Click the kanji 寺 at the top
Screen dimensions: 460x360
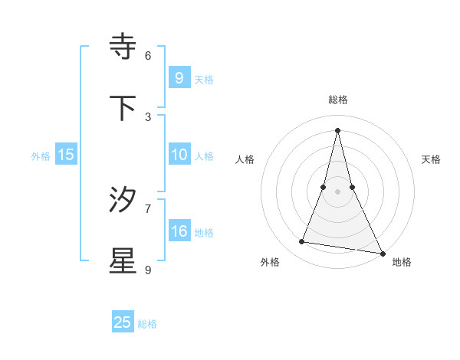pyautogui.click(x=123, y=47)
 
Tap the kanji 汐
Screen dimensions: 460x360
pyautogui.click(x=123, y=200)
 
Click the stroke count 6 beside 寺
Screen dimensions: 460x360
pyautogui.click(x=148, y=55)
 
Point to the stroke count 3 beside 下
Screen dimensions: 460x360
pyautogui.click(x=148, y=116)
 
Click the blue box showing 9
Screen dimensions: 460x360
pyautogui.click(x=179, y=77)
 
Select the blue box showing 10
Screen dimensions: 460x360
pyautogui.click(x=179, y=155)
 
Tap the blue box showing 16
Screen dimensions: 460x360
pyautogui.click(x=179, y=231)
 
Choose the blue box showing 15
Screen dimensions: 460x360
pyautogui.click(x=66, y=155)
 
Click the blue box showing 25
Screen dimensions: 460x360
pyautogui.click(x=123, y=322)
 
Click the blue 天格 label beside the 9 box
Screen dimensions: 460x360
pyautogui.click(x=204, y=79)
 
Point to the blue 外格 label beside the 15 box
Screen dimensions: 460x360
pyautogui.click(x=41, y=156)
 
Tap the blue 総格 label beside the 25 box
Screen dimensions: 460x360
pyautogui.click(x=147, y=324)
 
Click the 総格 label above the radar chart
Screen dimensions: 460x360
pyautogui.click(x=338, y=100)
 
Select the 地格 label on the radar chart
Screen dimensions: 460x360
pyautogui.click(x=402, y=262)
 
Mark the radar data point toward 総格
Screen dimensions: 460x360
pyautogui.click(x=338, y=129)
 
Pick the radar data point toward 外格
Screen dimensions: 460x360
pyautogui.click(x=302, y=242)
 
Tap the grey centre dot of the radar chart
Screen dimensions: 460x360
pyautogui.click(x=338, y=191)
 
